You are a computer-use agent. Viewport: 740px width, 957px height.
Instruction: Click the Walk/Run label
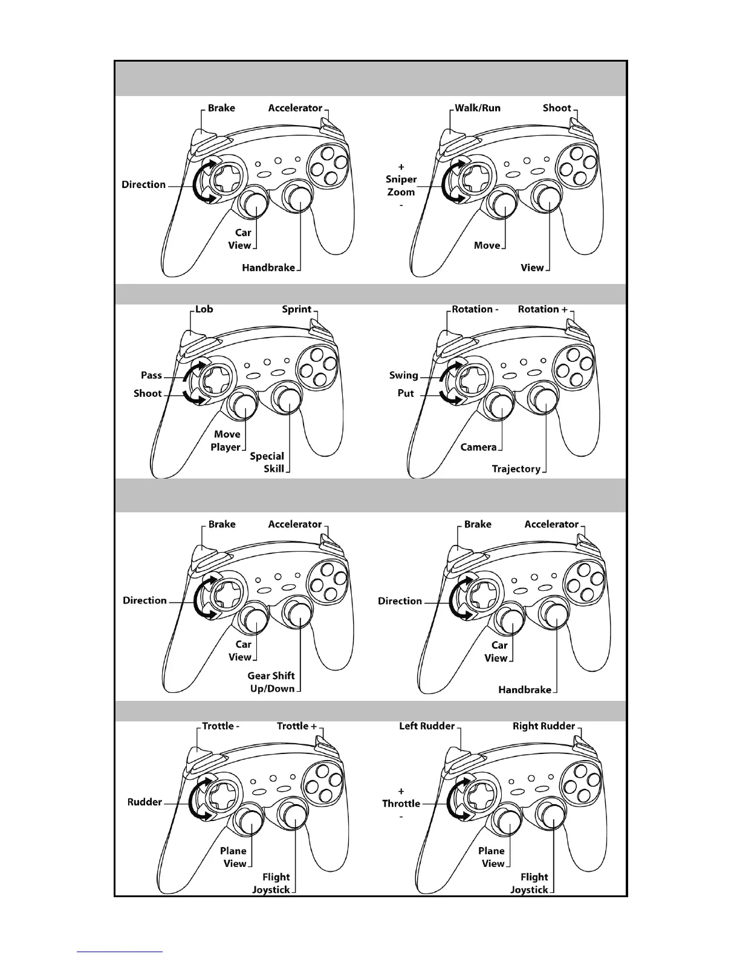(x=478, y=108)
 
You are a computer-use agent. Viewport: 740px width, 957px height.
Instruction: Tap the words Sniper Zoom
(x=401, y=185)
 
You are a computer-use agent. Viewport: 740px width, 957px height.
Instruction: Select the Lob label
(x=204, y=309)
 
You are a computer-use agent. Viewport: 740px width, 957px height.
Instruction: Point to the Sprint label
(x=296, y=309)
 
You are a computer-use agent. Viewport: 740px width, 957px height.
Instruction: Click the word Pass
(x=151, y=375)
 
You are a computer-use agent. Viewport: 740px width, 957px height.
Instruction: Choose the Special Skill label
(x=267, y=462)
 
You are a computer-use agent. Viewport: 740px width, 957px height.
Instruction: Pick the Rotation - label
(x=475, y=309)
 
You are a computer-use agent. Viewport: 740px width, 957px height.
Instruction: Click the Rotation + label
(x=542, y=309)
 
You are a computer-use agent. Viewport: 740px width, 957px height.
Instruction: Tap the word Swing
(x=404, y=375)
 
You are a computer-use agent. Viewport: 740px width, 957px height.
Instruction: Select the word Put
(x=406, y=393)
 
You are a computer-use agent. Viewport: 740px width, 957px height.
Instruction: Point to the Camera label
(x=478, y=447)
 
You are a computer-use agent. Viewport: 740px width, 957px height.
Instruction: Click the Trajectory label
(x=516, y=469)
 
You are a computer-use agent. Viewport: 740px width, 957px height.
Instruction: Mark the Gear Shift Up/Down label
(x=271, y=682)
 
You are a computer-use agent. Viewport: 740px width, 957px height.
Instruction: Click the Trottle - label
(x=221, y=726)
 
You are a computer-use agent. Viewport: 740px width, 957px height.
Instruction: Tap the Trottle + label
(x=297, y=726)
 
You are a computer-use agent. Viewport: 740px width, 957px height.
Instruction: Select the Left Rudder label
(x=427, y=726)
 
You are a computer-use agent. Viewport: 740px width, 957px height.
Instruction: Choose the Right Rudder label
(x=544, y=726)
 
